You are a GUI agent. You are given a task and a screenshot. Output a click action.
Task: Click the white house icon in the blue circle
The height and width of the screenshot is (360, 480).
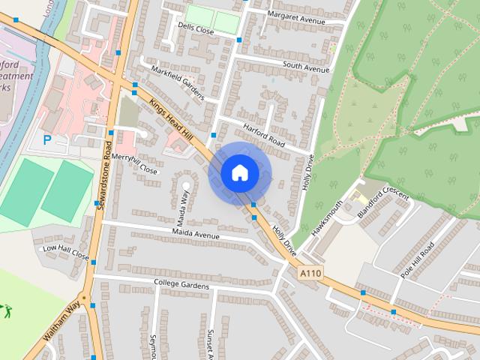[x=239, y=172]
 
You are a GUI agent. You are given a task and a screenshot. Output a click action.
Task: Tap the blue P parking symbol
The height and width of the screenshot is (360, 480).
[x=47, y=139]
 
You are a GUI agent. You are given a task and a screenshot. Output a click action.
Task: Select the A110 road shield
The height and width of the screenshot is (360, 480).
[x=310, y=274]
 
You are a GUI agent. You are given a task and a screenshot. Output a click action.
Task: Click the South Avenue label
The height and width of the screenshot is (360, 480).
[x=306, y=68]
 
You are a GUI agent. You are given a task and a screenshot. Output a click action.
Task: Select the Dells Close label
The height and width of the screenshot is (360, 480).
[x=196, y=28]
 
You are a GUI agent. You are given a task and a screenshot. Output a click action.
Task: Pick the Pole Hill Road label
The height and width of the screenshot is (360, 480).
[x=418, y=261]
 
